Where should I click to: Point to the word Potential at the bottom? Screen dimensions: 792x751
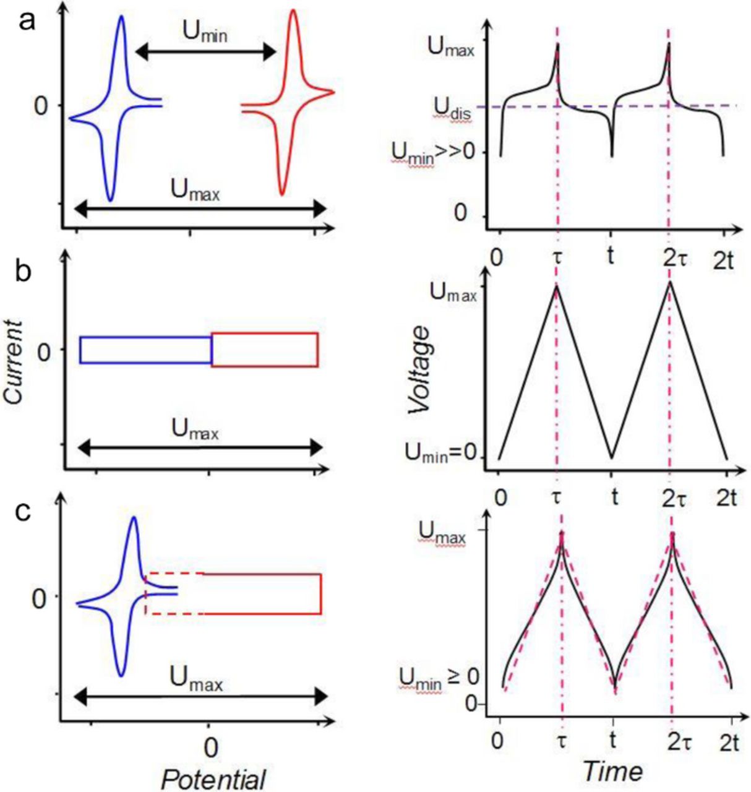click(x=213, y=779)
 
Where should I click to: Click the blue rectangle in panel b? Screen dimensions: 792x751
click(x=145, y=350)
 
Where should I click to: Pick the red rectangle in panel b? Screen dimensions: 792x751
click(x=265, y=350)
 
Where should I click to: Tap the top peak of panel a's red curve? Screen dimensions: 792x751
click(x=293, y=11)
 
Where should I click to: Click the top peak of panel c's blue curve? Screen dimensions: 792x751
click(x=133, y=517)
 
